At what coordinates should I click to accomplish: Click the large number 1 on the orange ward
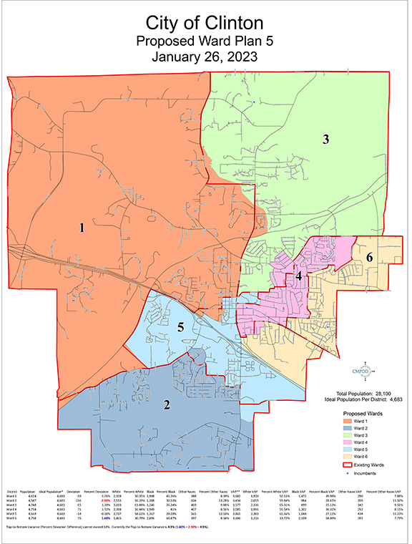82,228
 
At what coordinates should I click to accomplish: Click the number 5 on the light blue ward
182,328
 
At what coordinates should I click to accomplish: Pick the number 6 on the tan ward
369,257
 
